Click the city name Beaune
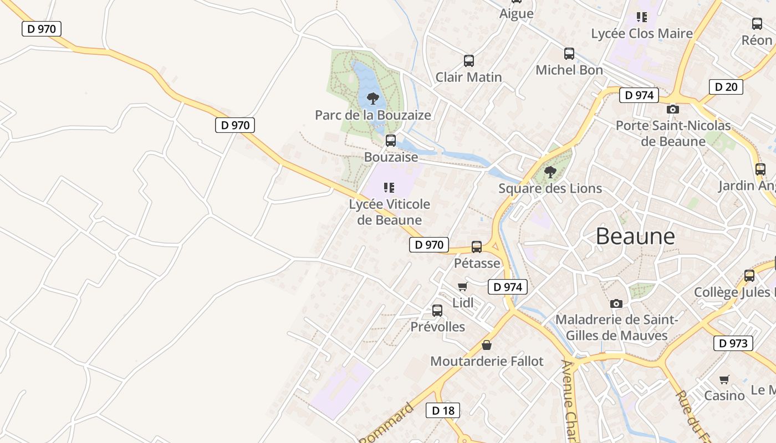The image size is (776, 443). [635, 236]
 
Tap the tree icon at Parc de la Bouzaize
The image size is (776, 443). [373, 99]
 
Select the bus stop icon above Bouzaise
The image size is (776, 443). [391, 141]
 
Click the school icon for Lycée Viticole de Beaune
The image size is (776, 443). [390, 188]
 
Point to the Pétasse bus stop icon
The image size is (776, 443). [477, 247]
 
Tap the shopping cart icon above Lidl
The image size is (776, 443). [463, 286]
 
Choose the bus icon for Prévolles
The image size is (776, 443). [437, 311]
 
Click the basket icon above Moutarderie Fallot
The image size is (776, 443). [487, 345]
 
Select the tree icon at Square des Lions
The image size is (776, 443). [550, 172]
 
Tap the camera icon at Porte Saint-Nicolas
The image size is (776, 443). [673, 110]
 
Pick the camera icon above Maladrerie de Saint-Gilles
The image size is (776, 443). [616, 303]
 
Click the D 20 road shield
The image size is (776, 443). [726, 86]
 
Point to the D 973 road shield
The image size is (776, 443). [733, 343]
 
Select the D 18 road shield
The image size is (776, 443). [443, 410]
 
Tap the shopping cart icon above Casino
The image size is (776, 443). [724, 379]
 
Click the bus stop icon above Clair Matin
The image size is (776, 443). [469, 61]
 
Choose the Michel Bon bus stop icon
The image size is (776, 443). [569, 54]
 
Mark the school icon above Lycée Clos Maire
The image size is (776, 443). [642, 17]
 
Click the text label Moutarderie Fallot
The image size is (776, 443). [487, 362]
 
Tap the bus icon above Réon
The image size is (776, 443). [757, 24]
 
